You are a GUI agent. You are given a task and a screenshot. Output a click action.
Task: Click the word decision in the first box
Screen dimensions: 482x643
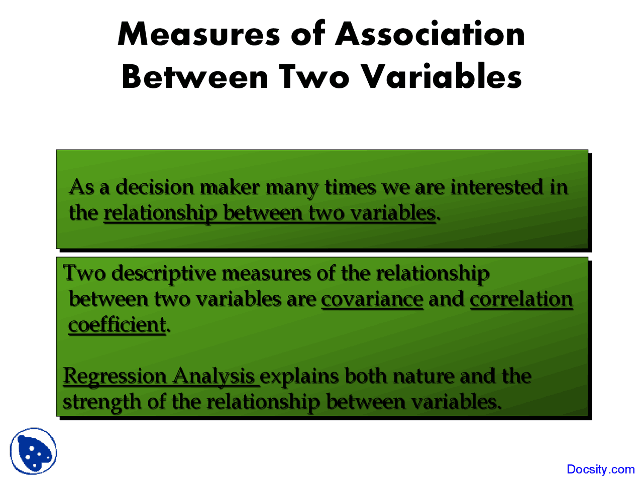click(155, 187)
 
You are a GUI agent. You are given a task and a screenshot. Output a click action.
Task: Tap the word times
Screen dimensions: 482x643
click(350, 187)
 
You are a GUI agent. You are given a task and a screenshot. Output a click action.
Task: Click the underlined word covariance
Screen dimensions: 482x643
click(372, 299)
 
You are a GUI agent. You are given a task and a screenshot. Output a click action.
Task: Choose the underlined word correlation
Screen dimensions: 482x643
click(521, 299)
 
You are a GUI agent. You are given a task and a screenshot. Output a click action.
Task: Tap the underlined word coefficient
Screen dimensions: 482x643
click(117, 325)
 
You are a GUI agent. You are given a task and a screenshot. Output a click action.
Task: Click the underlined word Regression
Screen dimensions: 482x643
click(115, 377)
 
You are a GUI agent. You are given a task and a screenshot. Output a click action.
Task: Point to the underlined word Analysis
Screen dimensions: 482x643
click(214, 377)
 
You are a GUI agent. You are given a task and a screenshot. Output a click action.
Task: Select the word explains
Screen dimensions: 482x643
click(299, 377)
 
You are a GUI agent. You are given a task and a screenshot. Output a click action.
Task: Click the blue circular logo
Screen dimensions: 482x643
click(34, 451)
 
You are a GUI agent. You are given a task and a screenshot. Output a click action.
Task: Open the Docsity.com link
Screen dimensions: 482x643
click(600, 469)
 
